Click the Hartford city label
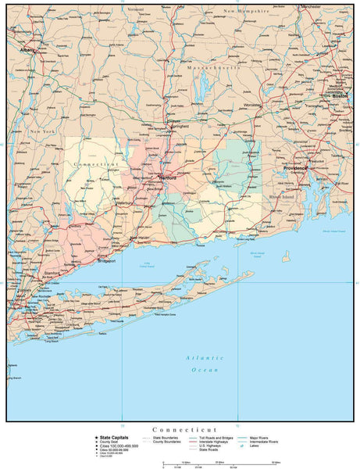[x=167, y=178]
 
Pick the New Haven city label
[x=138, y=238]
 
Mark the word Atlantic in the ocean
[x=199, y=357]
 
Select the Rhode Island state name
[x=283, y=198]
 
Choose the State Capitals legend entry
[x=112, y=438]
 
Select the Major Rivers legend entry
[x=263, y=438]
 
